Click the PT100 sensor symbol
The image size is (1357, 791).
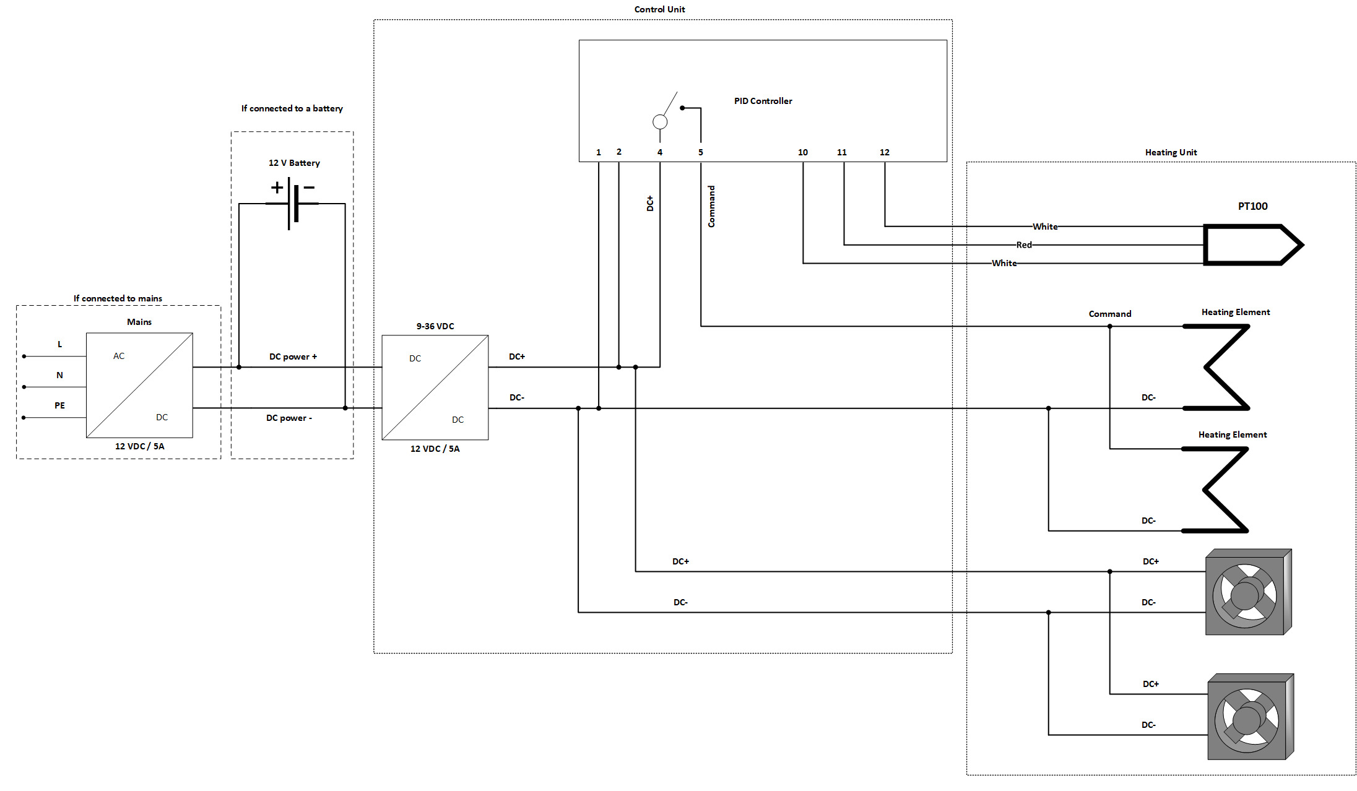click(x=1251, y=245)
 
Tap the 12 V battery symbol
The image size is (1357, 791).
click(x=292, y=202)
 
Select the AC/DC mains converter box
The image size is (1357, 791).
click(x=139, y=385)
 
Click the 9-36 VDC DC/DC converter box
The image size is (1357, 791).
click(x=435, y=387)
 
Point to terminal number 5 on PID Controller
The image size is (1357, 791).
click(x=701, y=152)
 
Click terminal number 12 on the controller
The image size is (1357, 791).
click(x=885, y=152)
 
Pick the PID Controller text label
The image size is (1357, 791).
click(x=763, y=101)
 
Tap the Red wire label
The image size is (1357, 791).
click(x=1024, y=245)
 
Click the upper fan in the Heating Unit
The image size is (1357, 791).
click(x=1247, y=593)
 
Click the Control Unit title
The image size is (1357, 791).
click(x=659, y=9)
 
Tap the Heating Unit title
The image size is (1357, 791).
click(x=1171, y=152)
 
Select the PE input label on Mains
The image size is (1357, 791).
click(x=59, y=405)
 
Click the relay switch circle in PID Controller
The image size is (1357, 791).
click(x=660, y=122)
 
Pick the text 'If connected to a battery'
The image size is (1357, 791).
click(x=292, y=108)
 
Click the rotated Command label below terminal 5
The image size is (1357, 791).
click(x=711, y=206)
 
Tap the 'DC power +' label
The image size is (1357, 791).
click(x=293, y=357)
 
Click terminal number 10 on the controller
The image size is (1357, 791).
click(x=802, y=152)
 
